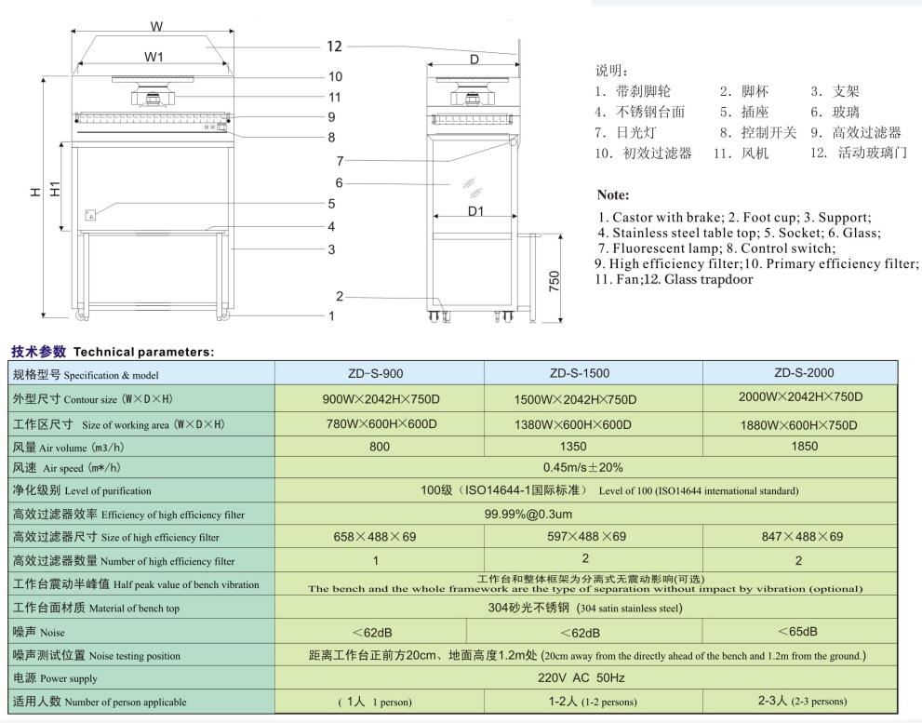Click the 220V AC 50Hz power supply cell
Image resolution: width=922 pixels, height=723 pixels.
[586, 678]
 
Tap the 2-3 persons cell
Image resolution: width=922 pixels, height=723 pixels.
[800, 701]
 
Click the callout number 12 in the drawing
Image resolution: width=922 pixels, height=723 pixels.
[334, 47]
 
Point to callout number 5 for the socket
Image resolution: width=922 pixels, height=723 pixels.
[330, 204]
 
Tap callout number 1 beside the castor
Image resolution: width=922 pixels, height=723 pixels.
[331, 316]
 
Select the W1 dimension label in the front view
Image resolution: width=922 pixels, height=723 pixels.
[154, 57]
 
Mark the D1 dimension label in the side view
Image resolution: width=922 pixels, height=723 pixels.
[474, 211]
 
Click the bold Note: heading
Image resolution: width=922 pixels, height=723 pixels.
[613, 195]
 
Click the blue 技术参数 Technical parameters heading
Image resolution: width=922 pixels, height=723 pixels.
[112, 352]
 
